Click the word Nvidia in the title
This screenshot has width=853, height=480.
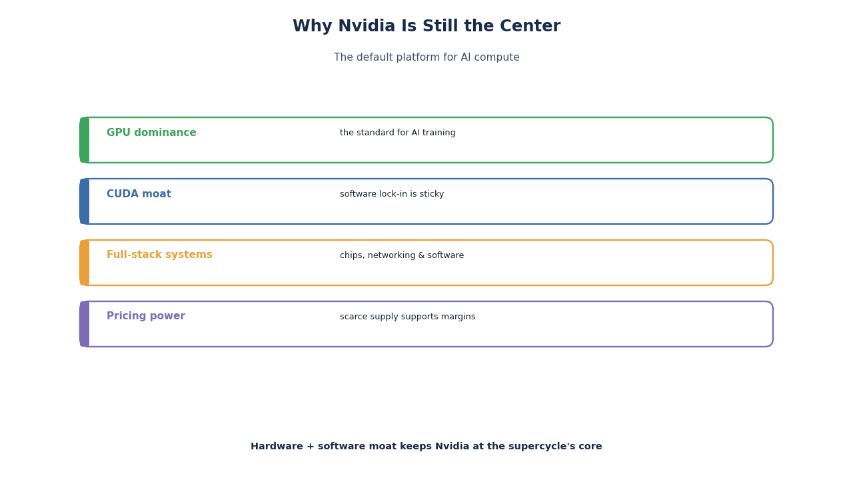[367, 26]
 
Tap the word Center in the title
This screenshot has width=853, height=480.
[530, 26]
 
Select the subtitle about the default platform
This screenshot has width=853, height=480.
[426, 57]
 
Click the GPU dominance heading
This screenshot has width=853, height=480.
[151, 133]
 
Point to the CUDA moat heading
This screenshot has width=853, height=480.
[139, 194]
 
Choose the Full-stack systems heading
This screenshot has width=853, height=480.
[159, 255]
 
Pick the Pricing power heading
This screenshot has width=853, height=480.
[146, 316]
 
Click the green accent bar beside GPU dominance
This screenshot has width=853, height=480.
[85, 140]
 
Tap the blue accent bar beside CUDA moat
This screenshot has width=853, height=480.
[85, 201]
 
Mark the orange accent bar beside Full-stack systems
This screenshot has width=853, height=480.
[85, 263]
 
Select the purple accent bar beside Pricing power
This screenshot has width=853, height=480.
[85, 324]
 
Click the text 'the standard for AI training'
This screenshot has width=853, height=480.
[398, 133]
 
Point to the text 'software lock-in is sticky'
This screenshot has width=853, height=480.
[392, 194]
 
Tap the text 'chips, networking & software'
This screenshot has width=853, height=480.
[402, 255]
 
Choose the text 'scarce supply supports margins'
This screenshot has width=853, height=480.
[407, 317]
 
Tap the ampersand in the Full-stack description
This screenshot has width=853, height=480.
[421, 255]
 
